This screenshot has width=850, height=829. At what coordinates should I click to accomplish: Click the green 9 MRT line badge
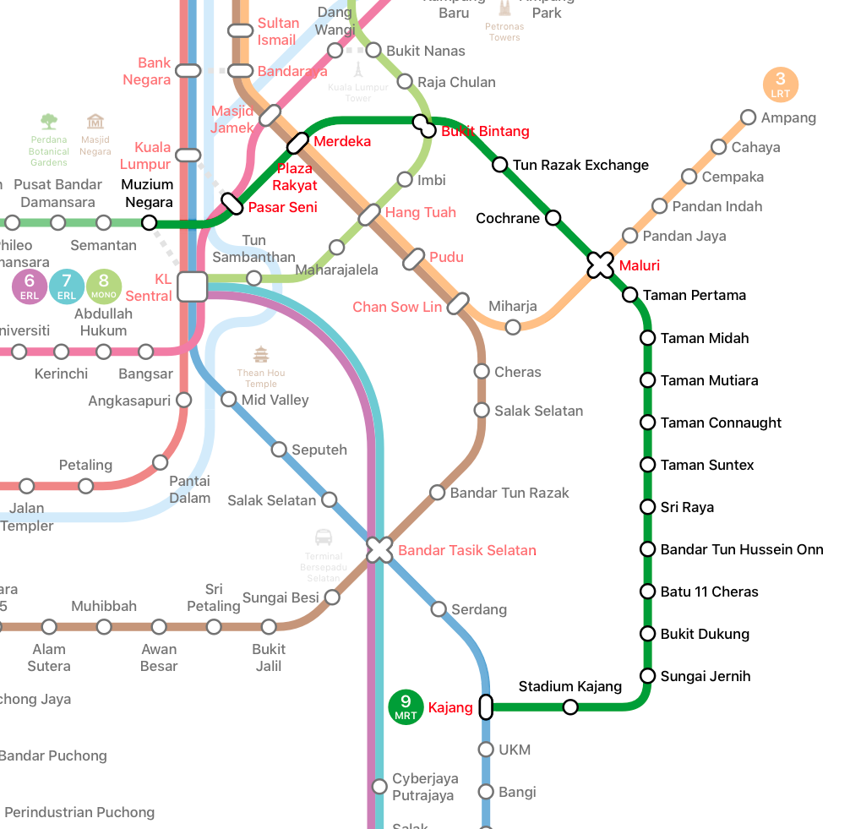click(406, 706)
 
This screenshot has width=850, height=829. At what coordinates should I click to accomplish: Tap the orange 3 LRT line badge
click(780, 85)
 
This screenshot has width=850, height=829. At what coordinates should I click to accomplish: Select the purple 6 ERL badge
click(30, 286)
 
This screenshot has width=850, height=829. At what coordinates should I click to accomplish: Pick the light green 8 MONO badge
click(104, 286)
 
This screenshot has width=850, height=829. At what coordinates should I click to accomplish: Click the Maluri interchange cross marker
click(600, 265)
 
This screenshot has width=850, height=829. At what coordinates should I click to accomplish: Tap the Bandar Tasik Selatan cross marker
click(380, 550)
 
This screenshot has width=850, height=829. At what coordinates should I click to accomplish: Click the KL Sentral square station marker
click(193, 286)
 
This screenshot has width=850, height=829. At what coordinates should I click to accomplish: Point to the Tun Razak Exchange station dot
click(500, 165)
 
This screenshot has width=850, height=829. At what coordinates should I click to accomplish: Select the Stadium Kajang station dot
click(570, 706)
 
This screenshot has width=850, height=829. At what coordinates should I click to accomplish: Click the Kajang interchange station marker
click(486, 706)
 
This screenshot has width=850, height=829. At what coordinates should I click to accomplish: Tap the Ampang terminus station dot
click(748, 117)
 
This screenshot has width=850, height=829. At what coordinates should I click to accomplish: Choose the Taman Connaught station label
click(721, 423)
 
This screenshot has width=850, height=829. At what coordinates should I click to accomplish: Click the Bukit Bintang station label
click(485, 131)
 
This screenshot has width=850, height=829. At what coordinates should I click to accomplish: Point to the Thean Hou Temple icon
click(261, 354)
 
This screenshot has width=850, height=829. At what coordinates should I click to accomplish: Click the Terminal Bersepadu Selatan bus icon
click(324, 537)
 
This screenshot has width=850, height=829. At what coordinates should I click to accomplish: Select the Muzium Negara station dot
click(150, 223)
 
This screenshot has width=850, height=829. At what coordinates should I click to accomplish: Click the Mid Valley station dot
click(229, 399)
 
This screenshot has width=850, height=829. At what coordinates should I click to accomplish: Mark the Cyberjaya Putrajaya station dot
click(380, 787)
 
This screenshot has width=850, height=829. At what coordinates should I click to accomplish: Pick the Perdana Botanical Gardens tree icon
click(49, 122)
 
